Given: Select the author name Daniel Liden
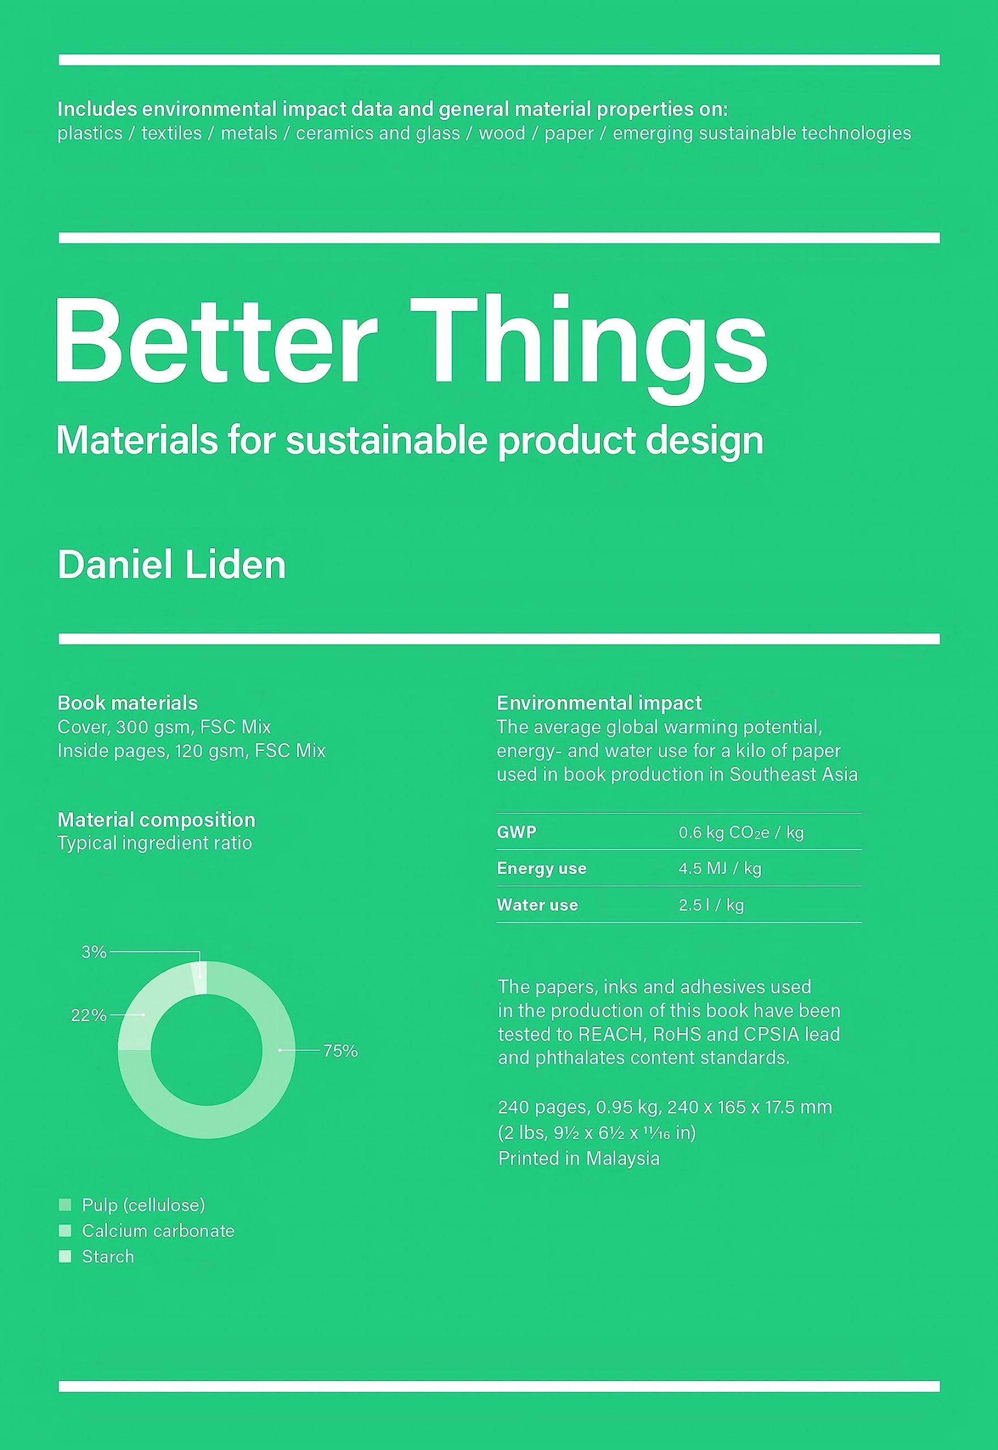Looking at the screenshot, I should (172, 565).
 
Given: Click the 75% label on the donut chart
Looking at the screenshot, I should (340, 1051).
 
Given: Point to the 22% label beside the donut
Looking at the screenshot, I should (89, 1015).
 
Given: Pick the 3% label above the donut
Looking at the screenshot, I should (95, 952).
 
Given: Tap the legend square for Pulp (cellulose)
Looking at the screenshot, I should (65, 1205).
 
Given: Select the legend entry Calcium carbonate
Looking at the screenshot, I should (158, 1231).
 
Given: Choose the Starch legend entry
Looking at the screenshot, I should (108, 1257).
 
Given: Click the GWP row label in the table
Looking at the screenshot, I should (516, 832).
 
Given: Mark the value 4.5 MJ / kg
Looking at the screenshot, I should (719, 868).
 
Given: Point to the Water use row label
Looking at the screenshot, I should (537, 905).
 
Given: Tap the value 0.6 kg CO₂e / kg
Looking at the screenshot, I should (741, 832).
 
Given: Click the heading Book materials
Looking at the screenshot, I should (127, 703).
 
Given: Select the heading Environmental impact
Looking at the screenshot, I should (599, 703).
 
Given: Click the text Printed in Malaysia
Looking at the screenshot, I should (579, 1158).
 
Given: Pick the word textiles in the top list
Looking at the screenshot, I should (172, 133).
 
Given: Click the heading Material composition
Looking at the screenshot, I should (156, 820).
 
